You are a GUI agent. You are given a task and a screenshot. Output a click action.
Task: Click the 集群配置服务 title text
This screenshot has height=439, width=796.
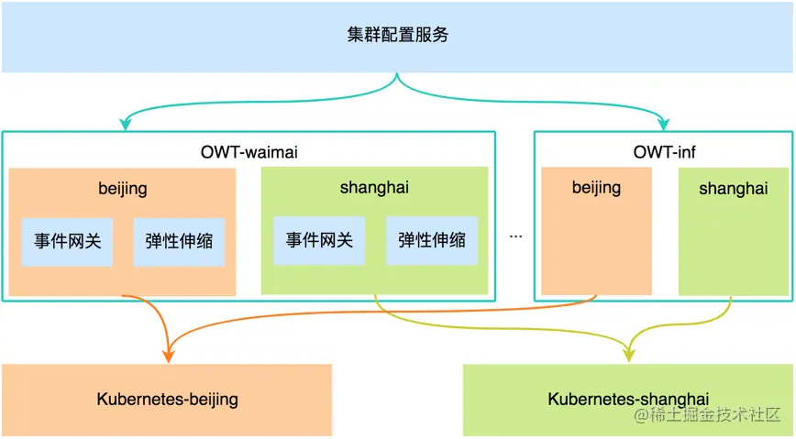(x=397, y=36)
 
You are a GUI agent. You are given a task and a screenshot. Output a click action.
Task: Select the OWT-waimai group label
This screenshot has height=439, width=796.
(x=249, y=151)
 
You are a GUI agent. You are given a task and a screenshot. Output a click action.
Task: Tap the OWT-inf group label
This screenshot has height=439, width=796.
(x=664, y=151)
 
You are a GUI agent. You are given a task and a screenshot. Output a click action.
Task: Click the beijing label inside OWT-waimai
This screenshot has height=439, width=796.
(x=123, y=189)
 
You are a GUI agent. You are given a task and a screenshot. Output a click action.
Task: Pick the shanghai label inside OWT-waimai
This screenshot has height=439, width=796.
(x=373, y=188)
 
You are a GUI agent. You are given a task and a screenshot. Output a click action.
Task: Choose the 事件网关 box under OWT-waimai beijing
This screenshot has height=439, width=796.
(x=67, y=241)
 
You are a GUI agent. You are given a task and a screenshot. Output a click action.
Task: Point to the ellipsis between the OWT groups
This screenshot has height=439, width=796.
(x=515, y=236)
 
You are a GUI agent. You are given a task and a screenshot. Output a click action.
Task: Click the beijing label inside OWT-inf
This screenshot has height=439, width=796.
(x=596, y=188)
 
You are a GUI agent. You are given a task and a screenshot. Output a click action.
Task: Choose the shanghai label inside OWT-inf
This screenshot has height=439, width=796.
(x=733, y=188)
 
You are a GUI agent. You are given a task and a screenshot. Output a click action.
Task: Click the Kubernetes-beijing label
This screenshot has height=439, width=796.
(x=167, y=399)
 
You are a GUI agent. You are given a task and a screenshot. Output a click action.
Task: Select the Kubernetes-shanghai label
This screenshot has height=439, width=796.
(x=628, y=399)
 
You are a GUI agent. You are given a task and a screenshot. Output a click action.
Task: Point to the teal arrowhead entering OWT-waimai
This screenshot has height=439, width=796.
(x=122, y=126)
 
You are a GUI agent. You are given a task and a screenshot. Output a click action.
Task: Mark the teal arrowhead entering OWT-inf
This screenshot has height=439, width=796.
(x=665, y=126)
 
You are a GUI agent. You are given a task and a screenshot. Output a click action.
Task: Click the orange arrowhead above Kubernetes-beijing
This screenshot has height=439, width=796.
(x=169, y=356)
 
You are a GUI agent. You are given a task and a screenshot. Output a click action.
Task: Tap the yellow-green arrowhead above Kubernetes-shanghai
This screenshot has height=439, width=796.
(x=630, y=356)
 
